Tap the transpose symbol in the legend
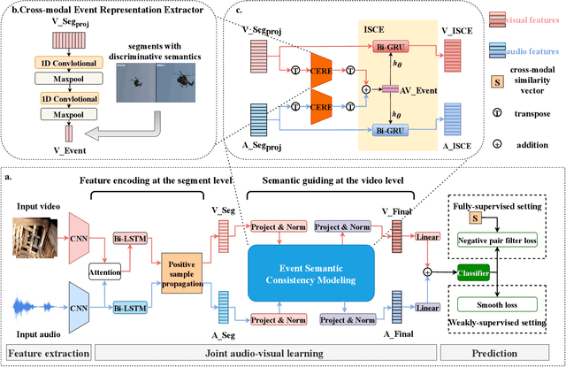(501, 113)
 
